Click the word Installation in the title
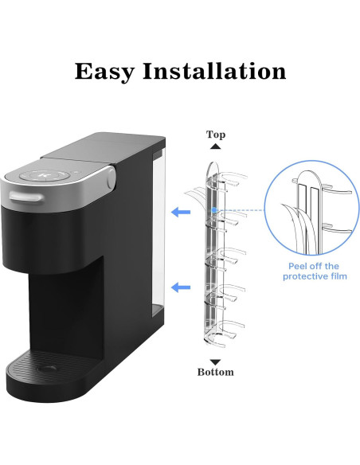[x=216, y=71]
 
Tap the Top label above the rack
[x=215, y=135]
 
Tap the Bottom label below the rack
[x=216, y=372]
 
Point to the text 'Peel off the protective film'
[x=315, y=271]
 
